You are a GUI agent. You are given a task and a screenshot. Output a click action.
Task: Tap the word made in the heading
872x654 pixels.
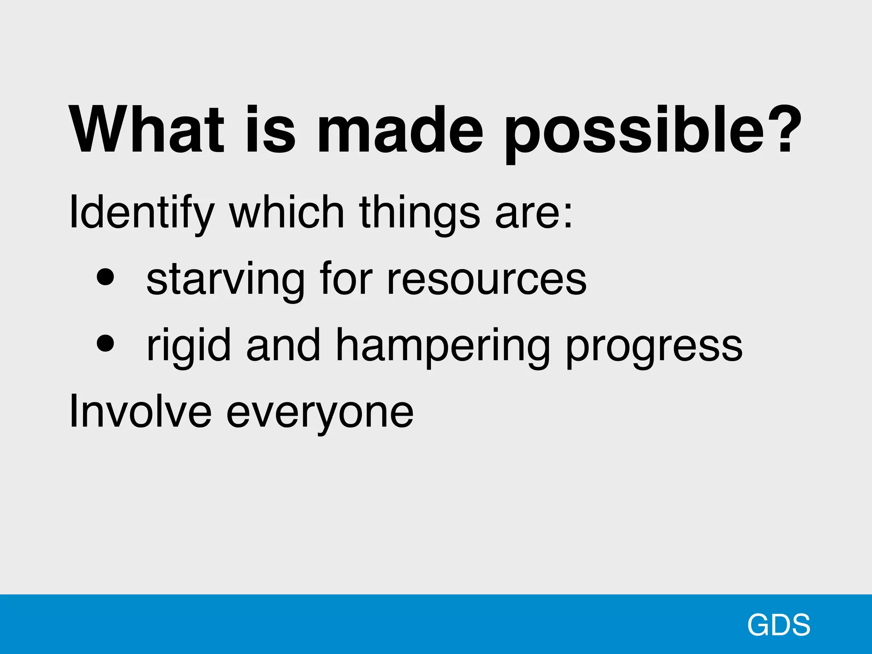click(400, 129)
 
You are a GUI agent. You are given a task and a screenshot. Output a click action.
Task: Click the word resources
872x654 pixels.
click(487, 279)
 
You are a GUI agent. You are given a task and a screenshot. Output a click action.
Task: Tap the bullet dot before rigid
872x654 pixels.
click(105, 343)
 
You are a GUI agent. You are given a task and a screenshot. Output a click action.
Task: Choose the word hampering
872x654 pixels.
click(442, 347)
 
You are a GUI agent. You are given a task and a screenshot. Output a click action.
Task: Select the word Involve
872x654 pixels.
click(140, 411)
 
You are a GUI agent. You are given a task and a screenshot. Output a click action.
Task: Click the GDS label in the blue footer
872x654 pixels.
click(778, 625)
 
